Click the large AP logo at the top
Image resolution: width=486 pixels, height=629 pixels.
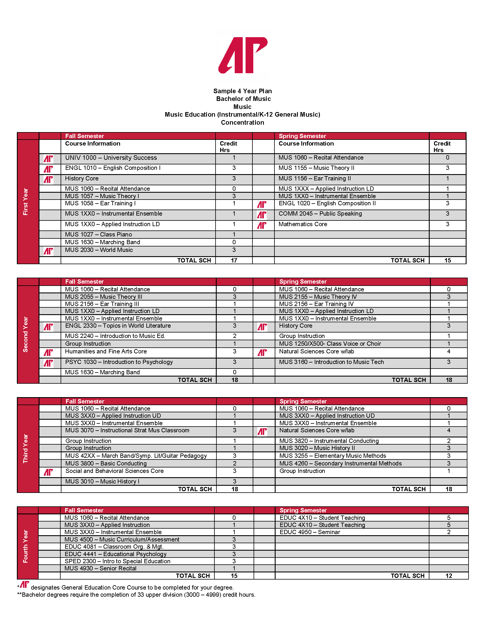(243, 55)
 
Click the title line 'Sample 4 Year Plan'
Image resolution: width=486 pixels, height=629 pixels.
(242, 91)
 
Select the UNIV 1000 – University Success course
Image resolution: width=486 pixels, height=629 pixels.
(111, 158)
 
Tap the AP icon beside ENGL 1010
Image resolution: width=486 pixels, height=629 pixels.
(48, 169)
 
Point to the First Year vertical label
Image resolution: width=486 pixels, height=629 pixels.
(26, 202)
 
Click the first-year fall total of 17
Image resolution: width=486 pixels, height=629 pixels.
(234, 260)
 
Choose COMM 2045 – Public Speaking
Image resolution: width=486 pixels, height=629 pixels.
(320, 214)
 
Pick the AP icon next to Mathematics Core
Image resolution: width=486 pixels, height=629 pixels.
(262, 225)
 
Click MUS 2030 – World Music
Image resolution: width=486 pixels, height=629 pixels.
(99, 250)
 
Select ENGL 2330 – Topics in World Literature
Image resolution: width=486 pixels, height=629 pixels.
(118, 326)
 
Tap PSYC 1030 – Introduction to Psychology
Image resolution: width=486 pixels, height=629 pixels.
(119, 362)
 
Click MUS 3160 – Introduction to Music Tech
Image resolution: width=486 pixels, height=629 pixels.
(331, 362)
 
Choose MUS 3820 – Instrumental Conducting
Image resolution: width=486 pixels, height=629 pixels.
(329, 441)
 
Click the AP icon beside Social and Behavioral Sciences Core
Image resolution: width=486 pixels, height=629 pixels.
(48, 472)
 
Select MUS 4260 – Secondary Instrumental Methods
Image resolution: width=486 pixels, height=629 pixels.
(340, 463)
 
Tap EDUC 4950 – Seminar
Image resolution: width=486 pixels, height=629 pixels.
(310, 532)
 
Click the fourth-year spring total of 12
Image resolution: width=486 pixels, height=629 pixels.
(449, 576)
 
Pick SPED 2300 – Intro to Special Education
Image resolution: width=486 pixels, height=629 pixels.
(117, 561)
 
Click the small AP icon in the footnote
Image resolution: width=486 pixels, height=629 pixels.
(25, 584)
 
